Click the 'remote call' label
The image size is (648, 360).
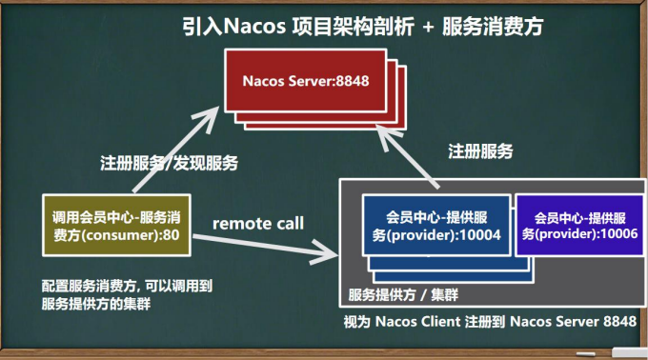tap(257, 224)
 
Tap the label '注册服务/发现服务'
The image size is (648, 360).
tap(169, 163)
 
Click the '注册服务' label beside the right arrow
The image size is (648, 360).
tap(481, 151)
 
